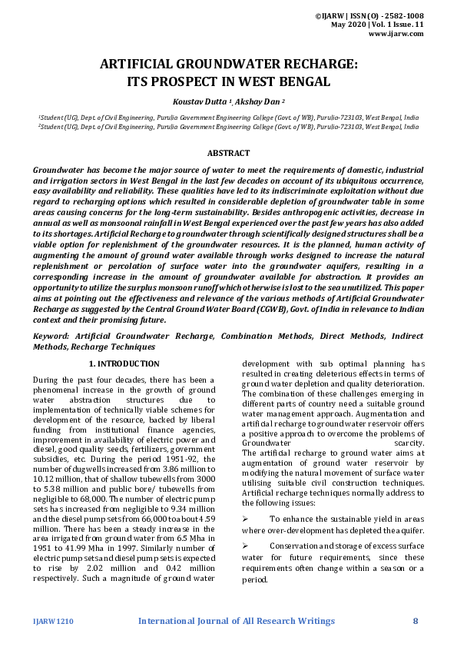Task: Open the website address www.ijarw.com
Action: tap(396, 34)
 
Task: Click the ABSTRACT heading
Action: tap(228, 154)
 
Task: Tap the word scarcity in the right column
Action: tap(409, 443)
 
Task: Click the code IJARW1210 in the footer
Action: tap(53, 621)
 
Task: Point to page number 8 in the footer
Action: tap(416, 621)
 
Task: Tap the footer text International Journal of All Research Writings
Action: tap(236, 621)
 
